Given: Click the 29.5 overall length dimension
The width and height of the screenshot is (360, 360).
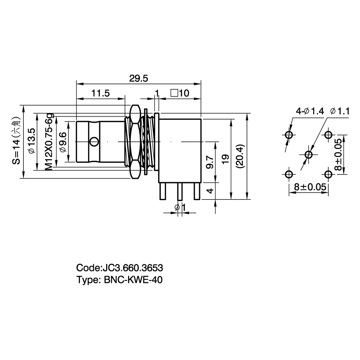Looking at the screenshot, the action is pos(139,78).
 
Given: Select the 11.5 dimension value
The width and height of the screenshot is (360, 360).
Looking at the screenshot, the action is pos(100,93).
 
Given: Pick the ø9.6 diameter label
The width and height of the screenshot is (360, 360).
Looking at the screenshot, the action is pos(63,142).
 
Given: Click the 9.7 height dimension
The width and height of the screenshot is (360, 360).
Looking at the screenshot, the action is pos(210,162).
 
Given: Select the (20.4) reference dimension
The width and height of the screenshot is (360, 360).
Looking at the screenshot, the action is pos(240,157).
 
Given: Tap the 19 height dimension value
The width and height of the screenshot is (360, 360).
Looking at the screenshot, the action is pos(226,159).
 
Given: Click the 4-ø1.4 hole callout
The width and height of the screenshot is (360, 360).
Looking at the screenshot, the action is pos(310,111).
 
